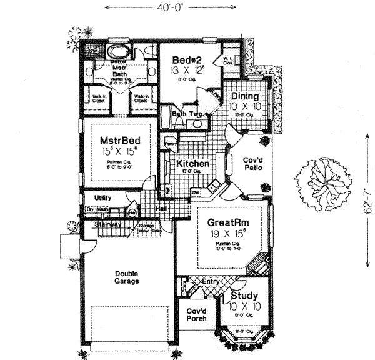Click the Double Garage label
126,277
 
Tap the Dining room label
245,97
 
